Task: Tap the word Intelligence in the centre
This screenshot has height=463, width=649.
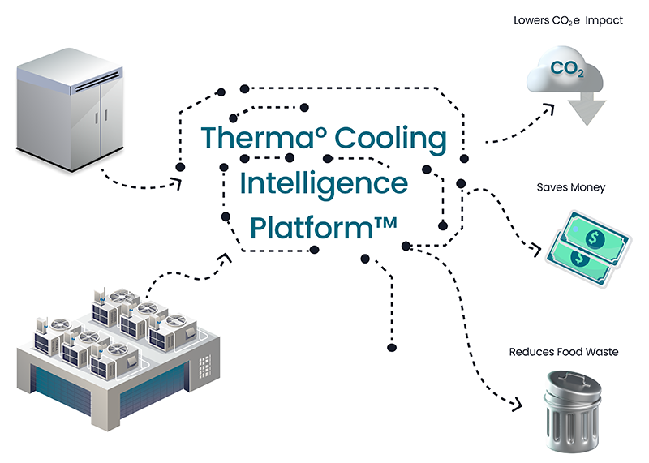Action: (324, 182)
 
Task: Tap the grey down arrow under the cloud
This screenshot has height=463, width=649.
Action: (591, 110)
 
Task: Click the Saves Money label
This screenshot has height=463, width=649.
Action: (571, 188)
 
